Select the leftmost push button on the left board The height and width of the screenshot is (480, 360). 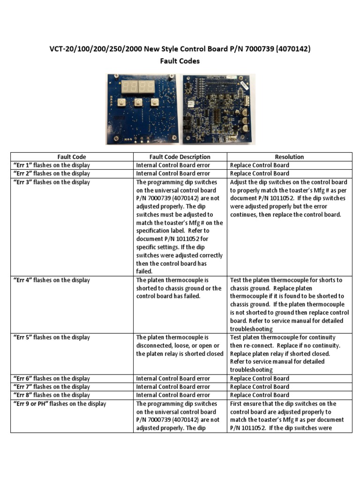pyautogui.click(x=121, y=104)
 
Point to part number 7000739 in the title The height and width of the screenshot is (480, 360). pyautogui.click(x=263, y=49)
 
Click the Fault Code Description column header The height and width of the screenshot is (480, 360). pyautogui.click(x=180, y=157)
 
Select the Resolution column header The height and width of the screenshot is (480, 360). pyautogui.click(x=289, y=157)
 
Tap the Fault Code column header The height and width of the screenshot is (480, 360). pyautogui.click(x=72, y=157)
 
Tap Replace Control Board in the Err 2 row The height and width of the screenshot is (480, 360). pyautogui.click(x=260, y=173)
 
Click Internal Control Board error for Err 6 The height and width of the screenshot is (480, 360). pyautogui.click(x=173, y=378)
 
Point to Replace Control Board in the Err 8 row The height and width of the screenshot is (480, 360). pyautogui.click(x=260, y=395)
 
